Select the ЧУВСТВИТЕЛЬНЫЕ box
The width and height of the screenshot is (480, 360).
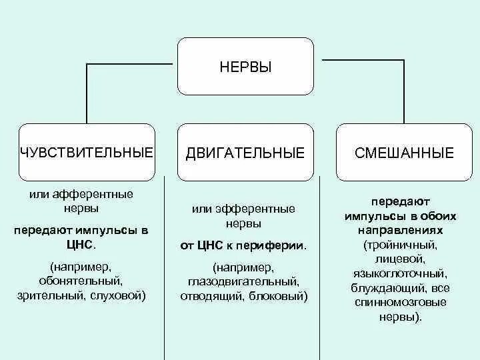87,153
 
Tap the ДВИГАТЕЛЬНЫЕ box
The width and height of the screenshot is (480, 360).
245,153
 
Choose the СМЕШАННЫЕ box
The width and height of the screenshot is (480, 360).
405,153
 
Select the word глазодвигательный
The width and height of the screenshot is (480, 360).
243,282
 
